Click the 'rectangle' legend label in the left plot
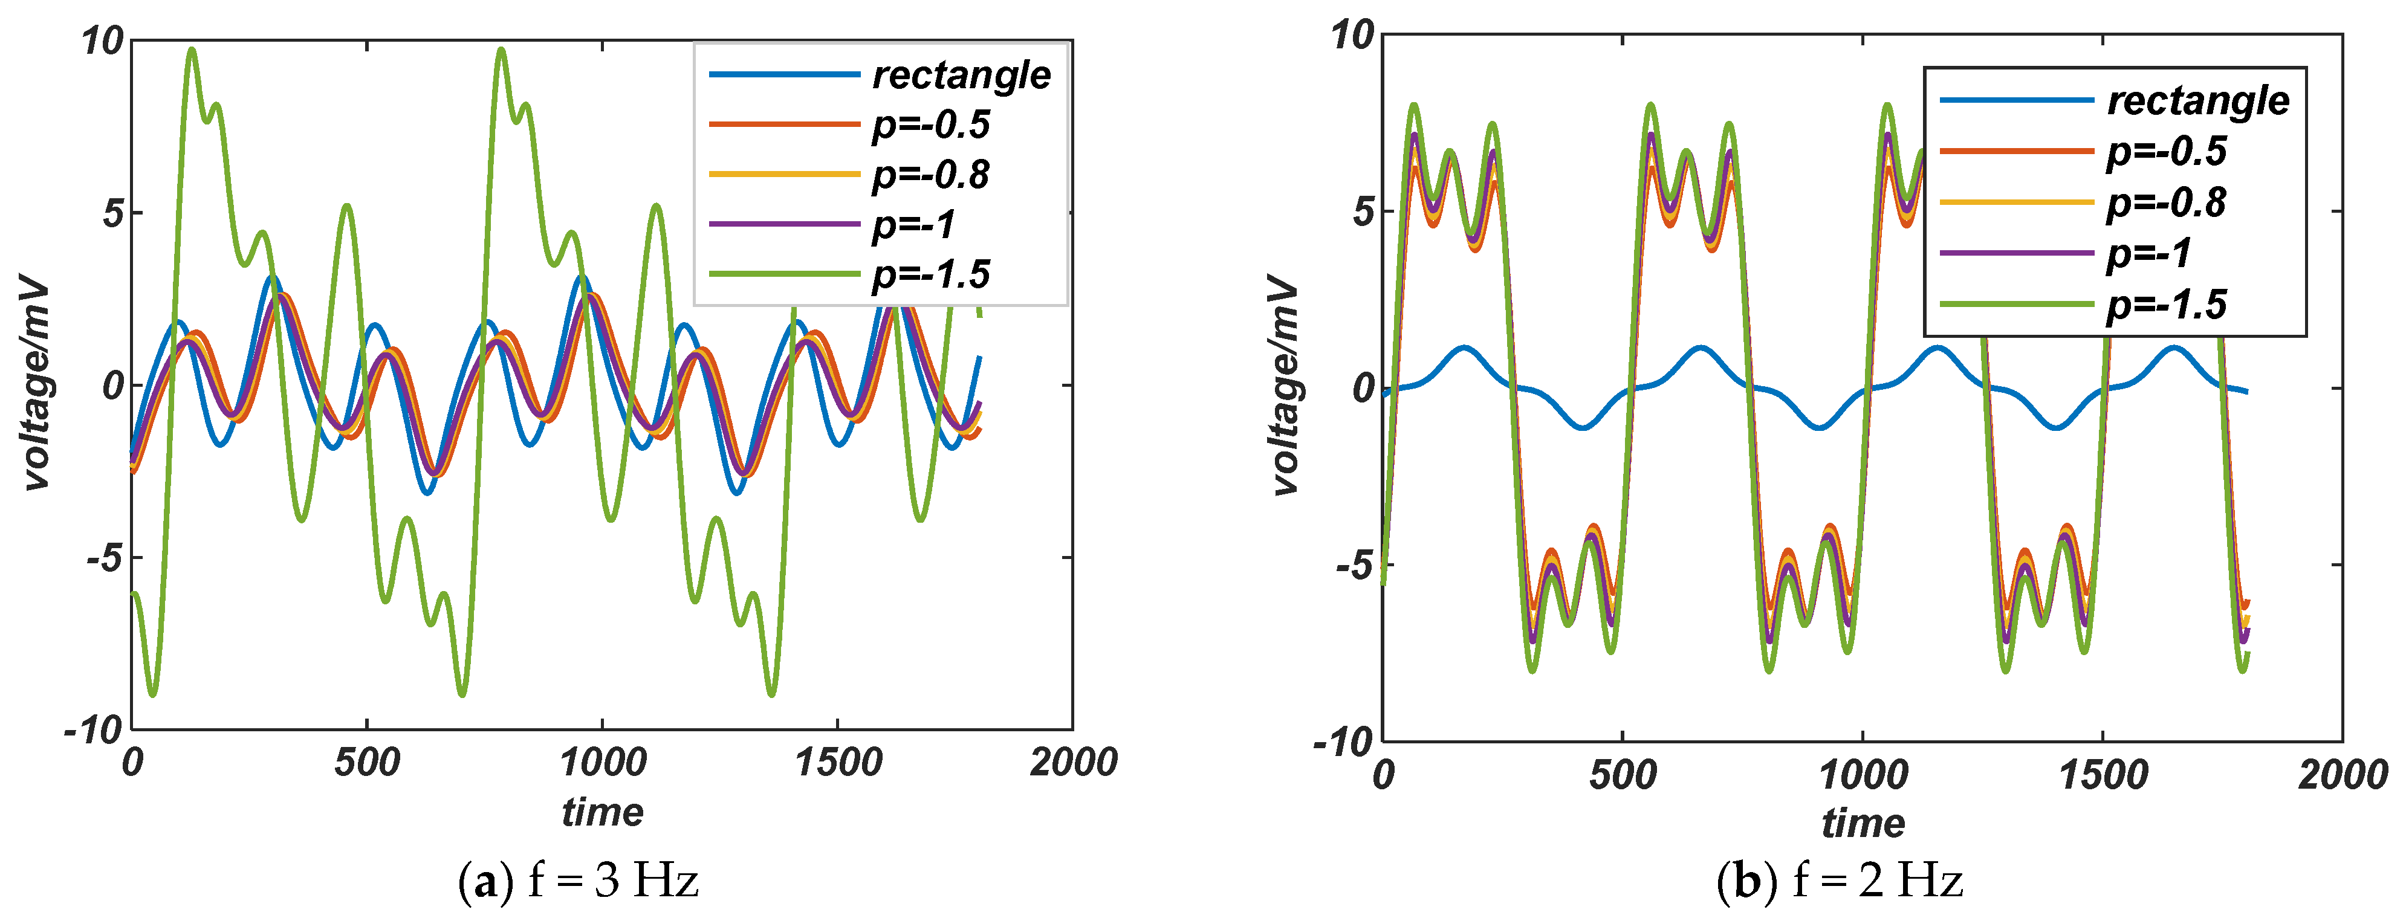[961, 76]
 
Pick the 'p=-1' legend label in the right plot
[2148, 254]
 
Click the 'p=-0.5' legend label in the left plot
[930, 125]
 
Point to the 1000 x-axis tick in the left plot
[603, 763]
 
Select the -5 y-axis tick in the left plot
[105, 558]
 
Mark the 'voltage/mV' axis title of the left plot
[36, 383]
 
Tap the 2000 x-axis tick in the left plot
[1073, 763]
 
